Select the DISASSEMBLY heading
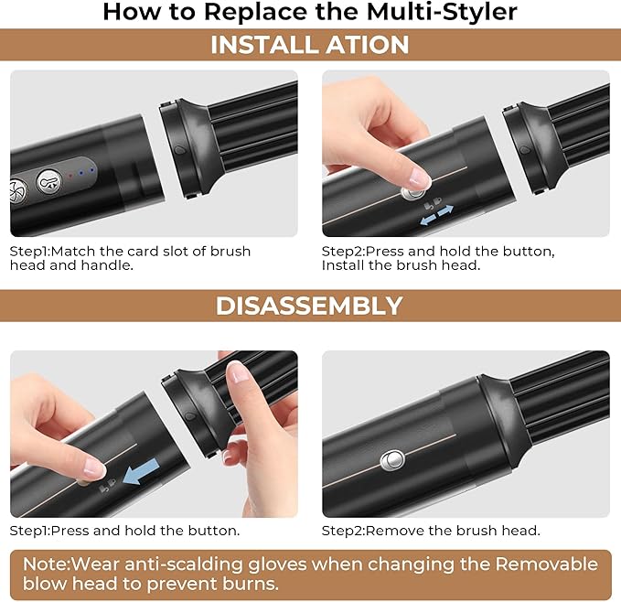(x=309, y=306)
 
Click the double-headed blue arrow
(x=436, y=216)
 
